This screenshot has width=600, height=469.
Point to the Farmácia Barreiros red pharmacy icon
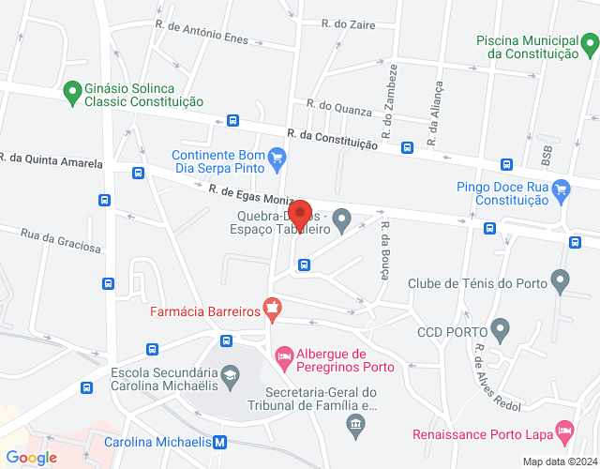[x=271, y=306]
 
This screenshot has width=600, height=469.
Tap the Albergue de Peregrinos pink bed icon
[x=283, y=356]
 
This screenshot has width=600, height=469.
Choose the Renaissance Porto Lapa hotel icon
[x=564, y=431]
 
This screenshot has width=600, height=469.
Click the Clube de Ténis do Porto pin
[x=561, y=280]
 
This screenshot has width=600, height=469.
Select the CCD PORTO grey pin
[x=500, y=330]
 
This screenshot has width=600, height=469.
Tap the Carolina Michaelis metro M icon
[x=219, y=441]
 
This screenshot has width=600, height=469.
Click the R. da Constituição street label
[x=333, y=140]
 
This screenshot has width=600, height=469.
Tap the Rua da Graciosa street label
[x=60, y=241]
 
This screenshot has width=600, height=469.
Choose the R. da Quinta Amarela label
[x=52, y=160]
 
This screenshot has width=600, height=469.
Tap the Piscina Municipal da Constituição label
[x=527, y=47]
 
